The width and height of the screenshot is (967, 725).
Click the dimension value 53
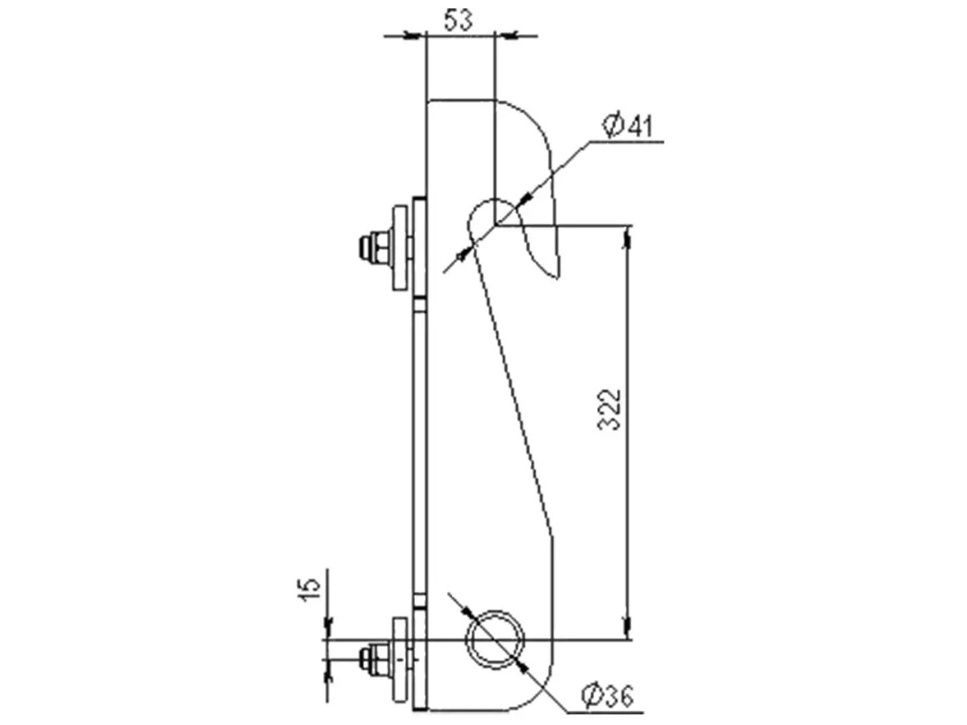(x=458, y=21)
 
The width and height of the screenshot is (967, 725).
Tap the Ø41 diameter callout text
(x=627, y=126)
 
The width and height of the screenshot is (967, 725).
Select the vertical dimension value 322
(x=610, y=408)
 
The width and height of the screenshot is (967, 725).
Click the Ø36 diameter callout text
(x=608, y=696)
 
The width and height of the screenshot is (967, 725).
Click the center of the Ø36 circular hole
(x=495, y=639)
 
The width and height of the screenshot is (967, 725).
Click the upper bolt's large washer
(x=402, y=247)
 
